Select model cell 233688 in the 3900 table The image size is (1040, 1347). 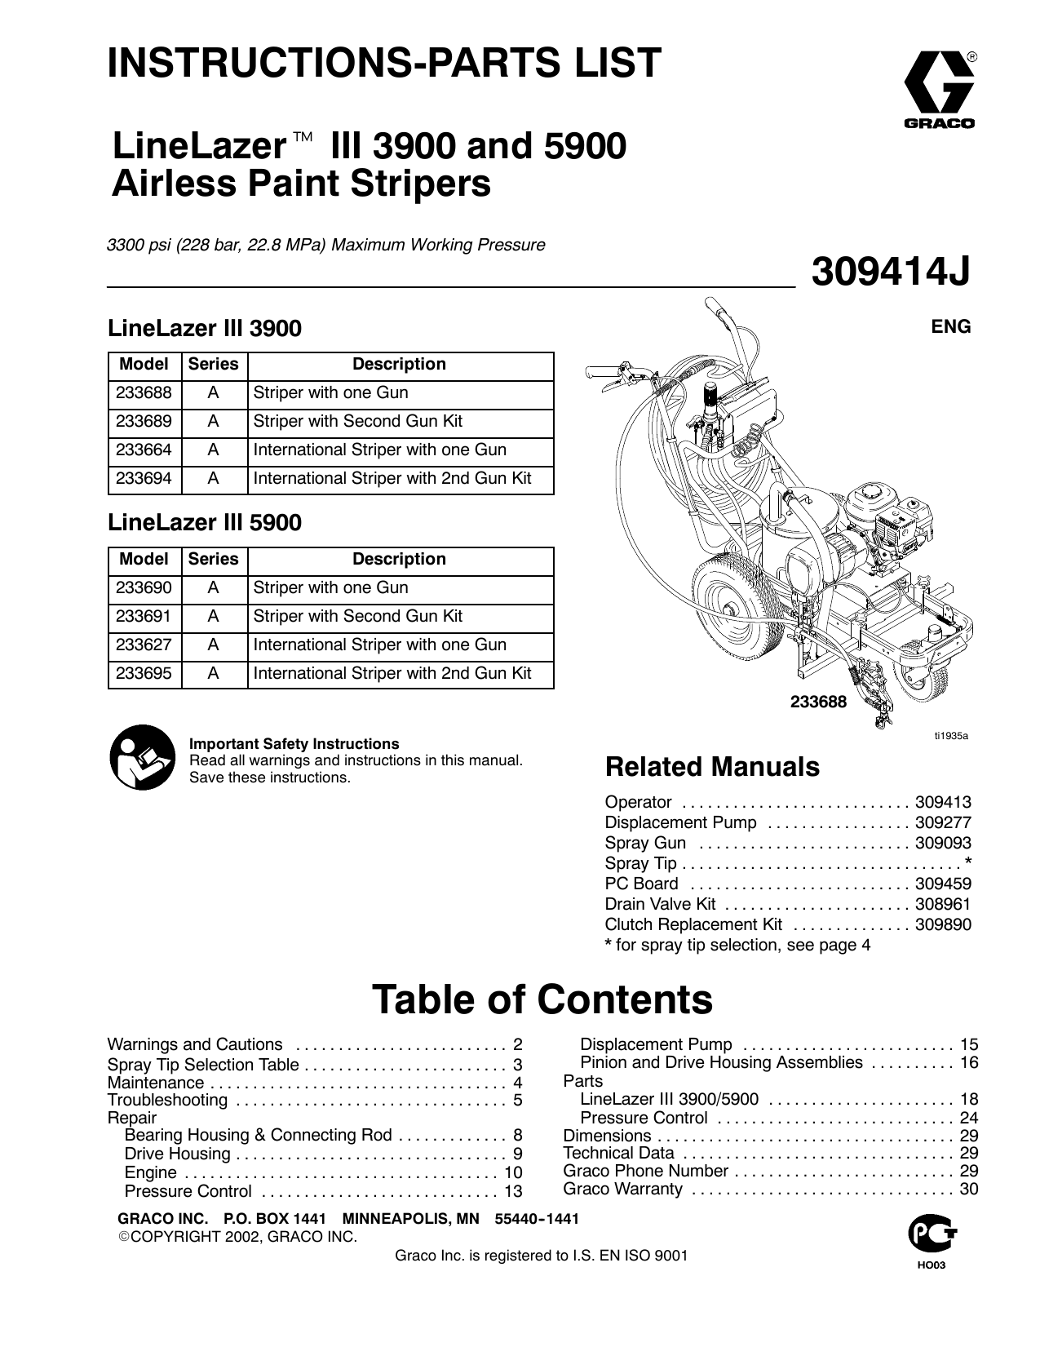(x=144, y=393)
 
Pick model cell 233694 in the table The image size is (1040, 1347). (x=144, y=479)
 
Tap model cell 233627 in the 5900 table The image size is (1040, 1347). (x=144, y=645)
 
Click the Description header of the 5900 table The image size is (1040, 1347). (x=399, y=560)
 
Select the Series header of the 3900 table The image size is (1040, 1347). (x=213, y=365)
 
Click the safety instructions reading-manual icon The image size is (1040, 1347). (x=142, y=758)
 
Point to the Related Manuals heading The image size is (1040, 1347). (x=712, y=768)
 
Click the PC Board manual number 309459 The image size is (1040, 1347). (x=943, y=884)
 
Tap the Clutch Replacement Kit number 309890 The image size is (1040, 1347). (x=943, y=925)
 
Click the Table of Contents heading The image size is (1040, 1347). (x=542, y=1000)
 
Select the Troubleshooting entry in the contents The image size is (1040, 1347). (x=167, y=1101)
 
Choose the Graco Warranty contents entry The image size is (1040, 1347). (x=622, y=1190)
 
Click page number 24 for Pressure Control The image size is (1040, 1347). (x=969, y=1119)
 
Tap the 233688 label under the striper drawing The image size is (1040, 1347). (x=818, y=702)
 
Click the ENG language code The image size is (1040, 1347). (x=951, y=327)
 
